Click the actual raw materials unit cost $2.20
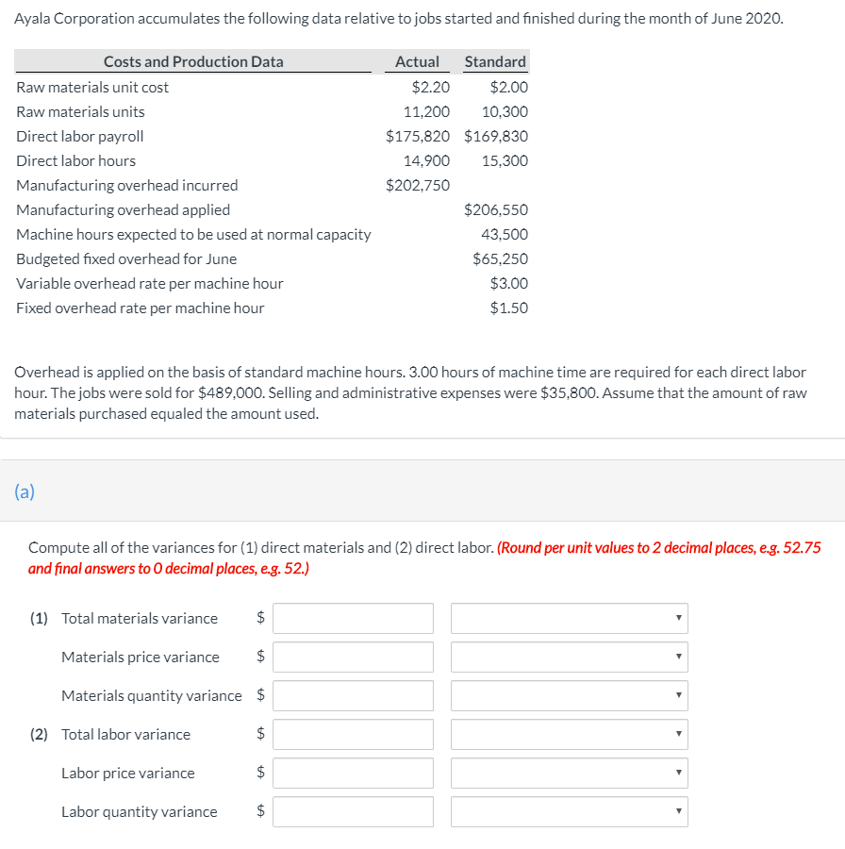pos(431,87)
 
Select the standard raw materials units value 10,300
pos(505,111)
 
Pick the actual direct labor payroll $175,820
pos(418,136)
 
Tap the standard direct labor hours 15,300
pos(505,160)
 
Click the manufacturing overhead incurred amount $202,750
pos(418,185)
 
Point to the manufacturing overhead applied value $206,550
pos(496,209)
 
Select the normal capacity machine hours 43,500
pos(505,234)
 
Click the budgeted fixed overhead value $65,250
pos(500,258)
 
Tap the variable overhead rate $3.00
pos(509,283)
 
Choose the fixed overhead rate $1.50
pos(509,308)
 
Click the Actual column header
pos(417,61)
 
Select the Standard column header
pos(495,61)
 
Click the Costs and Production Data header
pos(193,61)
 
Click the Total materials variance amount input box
pos(354,619)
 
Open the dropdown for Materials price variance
pos(569,658)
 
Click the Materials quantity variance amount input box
pos(354,696)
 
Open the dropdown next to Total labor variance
pos(569,735)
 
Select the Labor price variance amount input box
pos(354,774)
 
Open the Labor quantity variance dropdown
pos(569,812)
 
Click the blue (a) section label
pos(25,491)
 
